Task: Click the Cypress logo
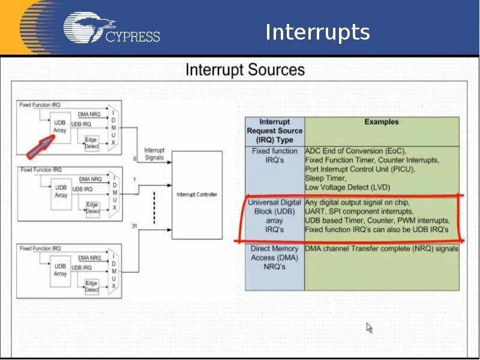click(x=112, y=29)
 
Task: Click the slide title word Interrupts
click(x=317, y=32)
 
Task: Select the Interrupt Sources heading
click(x=245, y=70)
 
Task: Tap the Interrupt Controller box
click(x=197, y=194)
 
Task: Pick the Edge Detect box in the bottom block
click(x=91, y=286)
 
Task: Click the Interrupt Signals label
click(x=154, y=154)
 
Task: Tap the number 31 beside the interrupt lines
click(x=134, y=226)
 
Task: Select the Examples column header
click(x=381, y=122)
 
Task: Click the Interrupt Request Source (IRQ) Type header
click(x=274, y=131)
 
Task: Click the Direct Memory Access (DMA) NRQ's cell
click(x=274, y=257)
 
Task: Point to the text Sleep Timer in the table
click(x=325, y=178)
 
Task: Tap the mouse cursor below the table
click(x=369, y=328)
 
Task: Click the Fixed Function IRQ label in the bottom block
click(x=41, y=248)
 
